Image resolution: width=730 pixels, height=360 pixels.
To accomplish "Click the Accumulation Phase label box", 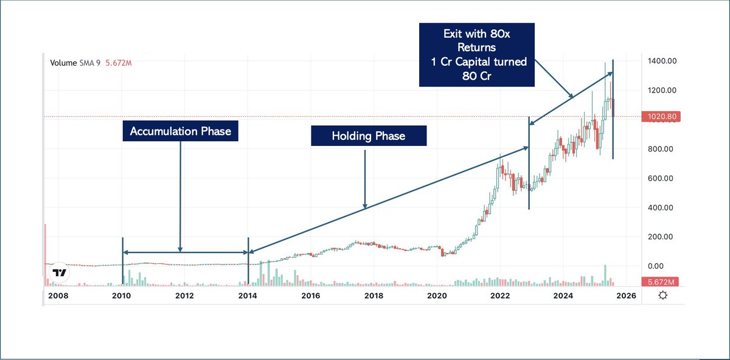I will tap(180, 131).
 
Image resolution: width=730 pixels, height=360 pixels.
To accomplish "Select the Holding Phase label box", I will tap(369, 136).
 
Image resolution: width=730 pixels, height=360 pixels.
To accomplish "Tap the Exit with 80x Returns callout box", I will tap(477, 55).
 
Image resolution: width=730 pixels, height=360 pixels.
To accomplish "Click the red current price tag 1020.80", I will tap(660, 116).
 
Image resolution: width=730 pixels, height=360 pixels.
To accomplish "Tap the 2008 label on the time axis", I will tap(58, 296).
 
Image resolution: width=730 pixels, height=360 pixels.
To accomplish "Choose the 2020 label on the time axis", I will tap(437, 296).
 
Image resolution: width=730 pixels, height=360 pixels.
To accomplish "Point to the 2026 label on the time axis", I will tap(626, 296).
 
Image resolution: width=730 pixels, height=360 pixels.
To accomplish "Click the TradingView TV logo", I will tap(59, 273).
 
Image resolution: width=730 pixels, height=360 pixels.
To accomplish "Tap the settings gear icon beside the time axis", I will tap(662, 296).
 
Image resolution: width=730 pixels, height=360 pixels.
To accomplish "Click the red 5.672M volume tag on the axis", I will tap(660, 282).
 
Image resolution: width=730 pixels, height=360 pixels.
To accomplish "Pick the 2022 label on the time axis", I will tap(500, 296).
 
